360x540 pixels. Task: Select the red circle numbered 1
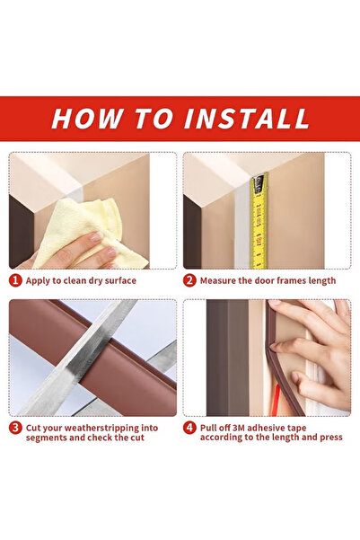tap(15, 280)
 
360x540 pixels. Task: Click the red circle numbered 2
tap(189, 280)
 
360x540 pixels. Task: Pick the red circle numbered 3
tap(15, 428)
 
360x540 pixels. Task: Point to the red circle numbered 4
tap(189, 428)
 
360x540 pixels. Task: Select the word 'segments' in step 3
tap(50, 440)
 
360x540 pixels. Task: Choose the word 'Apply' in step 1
tap(41, 280)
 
